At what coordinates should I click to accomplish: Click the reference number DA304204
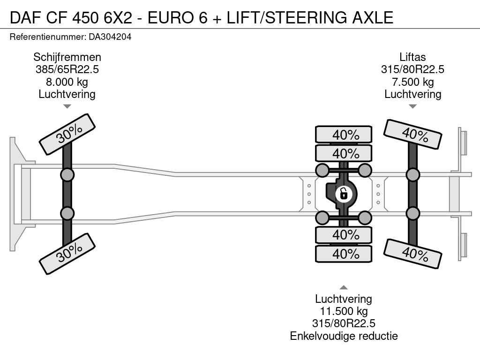pos(110,37)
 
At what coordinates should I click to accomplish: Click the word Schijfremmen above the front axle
pos(67,57)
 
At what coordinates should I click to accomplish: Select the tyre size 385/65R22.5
pos(67,69)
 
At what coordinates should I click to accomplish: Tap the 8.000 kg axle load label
pos(67,82)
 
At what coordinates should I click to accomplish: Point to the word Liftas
pos(412,57)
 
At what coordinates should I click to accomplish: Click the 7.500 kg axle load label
pos(413,82)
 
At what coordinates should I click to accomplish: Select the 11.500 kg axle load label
pos(344,311)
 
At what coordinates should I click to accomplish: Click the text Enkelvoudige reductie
pos(344,336)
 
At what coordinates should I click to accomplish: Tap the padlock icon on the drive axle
pos(344,194)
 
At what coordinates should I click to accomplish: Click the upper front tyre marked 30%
pos(67,135)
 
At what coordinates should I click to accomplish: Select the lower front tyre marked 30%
pos(67,254)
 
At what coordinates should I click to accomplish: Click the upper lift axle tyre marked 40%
pos(412,134)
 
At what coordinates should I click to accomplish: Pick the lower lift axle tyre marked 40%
pos(412,254)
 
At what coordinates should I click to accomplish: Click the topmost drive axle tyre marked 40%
pos(344,135)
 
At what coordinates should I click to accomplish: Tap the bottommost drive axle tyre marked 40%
pos(344,254)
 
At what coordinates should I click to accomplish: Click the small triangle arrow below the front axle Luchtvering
pos(67,106)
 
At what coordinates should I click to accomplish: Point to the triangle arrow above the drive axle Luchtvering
pos(344,287)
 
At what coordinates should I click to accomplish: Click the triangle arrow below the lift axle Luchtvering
pos(412,106)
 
